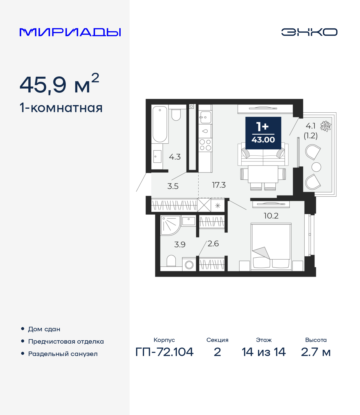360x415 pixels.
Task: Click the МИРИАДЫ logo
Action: click(x=70, y=32)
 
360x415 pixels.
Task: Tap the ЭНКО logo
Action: click(x=309, y=32)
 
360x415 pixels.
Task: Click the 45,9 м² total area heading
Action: click(x=59, y=84)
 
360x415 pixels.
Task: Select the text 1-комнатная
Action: click(x=61, y=108)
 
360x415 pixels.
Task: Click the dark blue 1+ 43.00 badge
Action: click(x=263, y=133)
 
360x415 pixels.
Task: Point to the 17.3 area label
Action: click(x=219, y=185)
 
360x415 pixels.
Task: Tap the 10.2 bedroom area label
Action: click(x=271, y=216)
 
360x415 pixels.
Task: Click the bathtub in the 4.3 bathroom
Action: click(x=160, y=124)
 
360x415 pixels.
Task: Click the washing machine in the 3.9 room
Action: click(x=189, y=265)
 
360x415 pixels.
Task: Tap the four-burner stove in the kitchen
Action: click(x=205, y=145)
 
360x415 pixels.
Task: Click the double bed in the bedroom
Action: click(x=271, y=247)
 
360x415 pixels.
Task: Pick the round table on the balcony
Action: click(x=316, y=167)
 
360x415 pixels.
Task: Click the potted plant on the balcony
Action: click(x=326, y=126)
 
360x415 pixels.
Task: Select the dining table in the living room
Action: click(x=263, y=174)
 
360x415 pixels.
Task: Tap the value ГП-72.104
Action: click(x=165, y=352)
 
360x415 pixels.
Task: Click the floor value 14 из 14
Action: click(x=264, y=352)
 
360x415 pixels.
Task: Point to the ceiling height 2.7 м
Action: click(x=316, y=352)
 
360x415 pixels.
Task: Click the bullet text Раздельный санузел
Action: click(x=63, y=354)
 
